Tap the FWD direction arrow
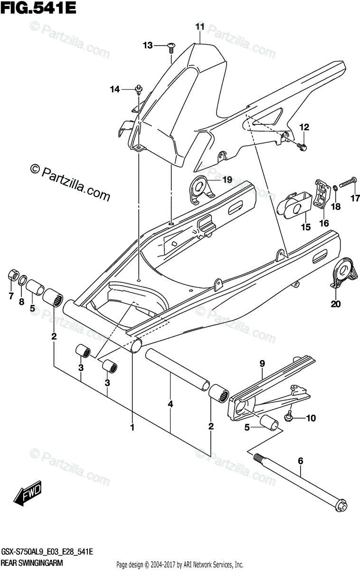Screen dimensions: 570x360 click(28, 494)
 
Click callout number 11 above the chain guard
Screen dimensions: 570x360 click(199, 27)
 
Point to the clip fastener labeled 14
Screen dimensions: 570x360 click(138, 89)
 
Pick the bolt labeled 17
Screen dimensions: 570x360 click(349, 181)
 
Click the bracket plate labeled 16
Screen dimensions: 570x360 click(321, 194)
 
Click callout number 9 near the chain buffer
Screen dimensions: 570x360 click(262, 363)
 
